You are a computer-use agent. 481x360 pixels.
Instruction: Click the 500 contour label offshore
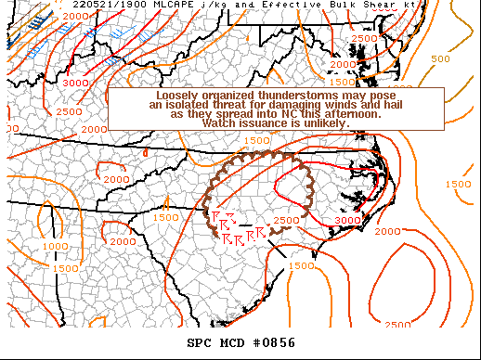tap(442, 58)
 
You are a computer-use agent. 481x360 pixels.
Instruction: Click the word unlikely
tap(325, 123)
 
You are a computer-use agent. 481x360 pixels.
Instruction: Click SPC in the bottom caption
tap(200, 343)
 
